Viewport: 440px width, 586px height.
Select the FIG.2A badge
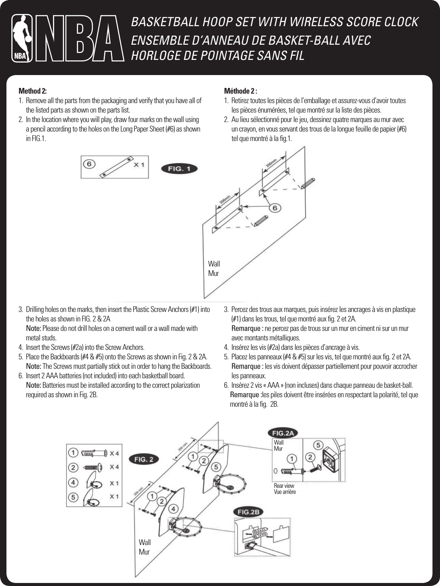coord(283,433)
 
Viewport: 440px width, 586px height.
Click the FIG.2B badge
coord(248,512)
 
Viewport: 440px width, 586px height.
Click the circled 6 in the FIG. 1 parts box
coord(89,164)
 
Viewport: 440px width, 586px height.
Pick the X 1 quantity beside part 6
coord(139,165)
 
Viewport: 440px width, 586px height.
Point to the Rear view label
coord(284,486)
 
